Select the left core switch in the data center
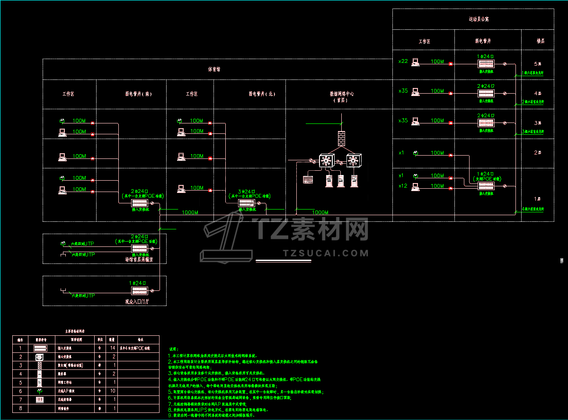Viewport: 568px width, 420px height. (x=326, y=160)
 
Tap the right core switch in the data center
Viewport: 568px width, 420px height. (x=353, y=160)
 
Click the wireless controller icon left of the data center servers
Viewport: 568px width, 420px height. (x=308, y=180)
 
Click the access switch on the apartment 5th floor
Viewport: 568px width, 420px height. (x=486, y=64)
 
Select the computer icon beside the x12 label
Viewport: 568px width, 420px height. (x=416, y=186)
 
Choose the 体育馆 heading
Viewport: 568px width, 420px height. (x=214, y=69)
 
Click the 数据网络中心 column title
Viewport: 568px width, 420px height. (x=341, y=94)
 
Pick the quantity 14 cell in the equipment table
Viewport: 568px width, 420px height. (x=112, y=348)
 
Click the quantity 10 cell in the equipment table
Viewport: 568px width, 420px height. (x=112, y=391)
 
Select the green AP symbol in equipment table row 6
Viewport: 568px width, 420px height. (x=39, y=391)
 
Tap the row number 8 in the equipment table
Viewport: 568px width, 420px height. (x=20, y=408)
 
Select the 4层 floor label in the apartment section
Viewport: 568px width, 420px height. (x=537, y=93)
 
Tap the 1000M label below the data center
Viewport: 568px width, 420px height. (x=320, y=213)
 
